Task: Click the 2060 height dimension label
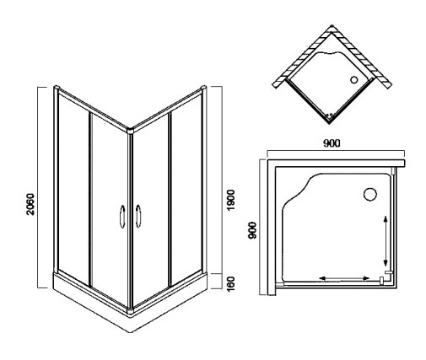click(30, 204)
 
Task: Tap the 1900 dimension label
click(231, 200)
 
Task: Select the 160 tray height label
click(230, 284)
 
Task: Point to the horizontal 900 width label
click(332, 143)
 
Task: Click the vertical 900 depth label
click(252, 230)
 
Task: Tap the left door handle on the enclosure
click(122, 216)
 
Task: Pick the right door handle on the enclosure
click(138, 216)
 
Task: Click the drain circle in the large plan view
click(370, 194)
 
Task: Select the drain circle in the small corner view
click(354, 79)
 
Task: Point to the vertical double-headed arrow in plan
click(386, 240)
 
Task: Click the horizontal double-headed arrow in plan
click(344, 278)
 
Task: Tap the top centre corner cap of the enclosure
click(131, 131)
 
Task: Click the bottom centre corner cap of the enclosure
click(131, 310)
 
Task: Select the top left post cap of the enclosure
click(57, 88)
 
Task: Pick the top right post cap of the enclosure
click(203, 88)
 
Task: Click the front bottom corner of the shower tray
click(131, 332)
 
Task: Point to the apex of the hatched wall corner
click(332, 25)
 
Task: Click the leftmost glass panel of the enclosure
click(73, 189)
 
